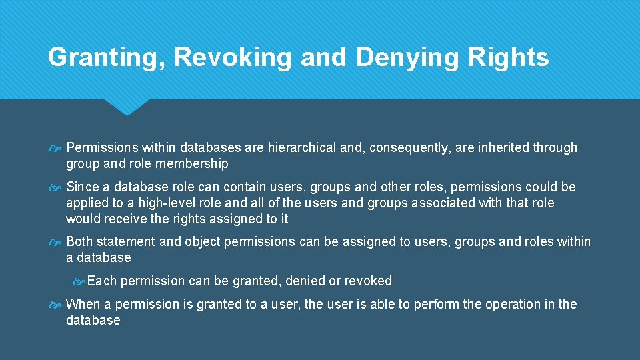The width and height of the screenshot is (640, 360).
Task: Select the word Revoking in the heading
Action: tap(233, 57)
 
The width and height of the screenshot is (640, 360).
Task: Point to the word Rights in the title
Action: tap(509, 57)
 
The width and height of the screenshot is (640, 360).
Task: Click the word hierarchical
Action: tap(303, 147)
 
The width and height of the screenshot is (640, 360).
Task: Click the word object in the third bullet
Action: tap(201, 241)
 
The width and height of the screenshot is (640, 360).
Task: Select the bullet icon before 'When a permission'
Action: tap(57, 305)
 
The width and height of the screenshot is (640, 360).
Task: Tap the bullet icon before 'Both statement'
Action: tap(57, 242)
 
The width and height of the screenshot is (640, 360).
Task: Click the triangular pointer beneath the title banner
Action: tap(127, 106)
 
